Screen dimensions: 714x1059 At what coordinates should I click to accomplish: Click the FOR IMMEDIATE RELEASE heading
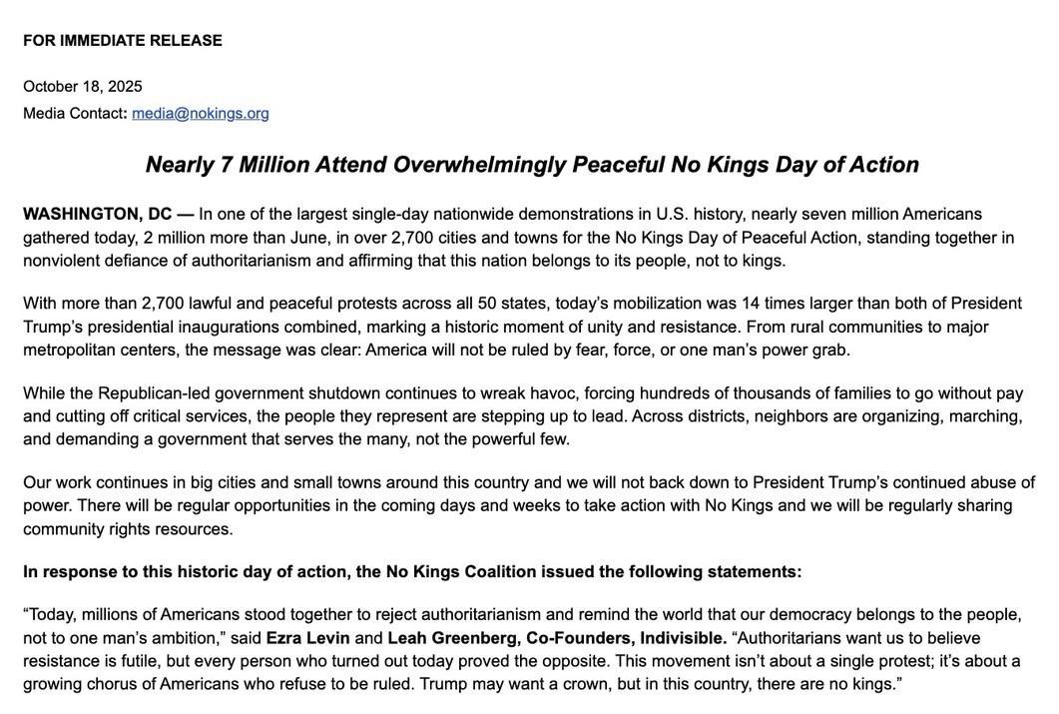(x=123, y=41)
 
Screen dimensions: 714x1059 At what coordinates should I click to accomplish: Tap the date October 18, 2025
(x=83, y=87)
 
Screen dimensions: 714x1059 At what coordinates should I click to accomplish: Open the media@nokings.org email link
(x=201, y=114)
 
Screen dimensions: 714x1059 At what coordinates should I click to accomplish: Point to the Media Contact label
(x=74, y=114)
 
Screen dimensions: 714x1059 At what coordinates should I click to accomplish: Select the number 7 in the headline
(x=227, y=165)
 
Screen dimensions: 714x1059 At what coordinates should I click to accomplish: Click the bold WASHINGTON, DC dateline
(x=97, y=215)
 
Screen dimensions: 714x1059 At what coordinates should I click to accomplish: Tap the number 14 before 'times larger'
(x=751, y=304)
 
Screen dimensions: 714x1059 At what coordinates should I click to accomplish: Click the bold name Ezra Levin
(x=307, y=638)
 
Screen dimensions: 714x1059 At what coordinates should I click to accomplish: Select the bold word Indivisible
(x=683, y=638)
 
